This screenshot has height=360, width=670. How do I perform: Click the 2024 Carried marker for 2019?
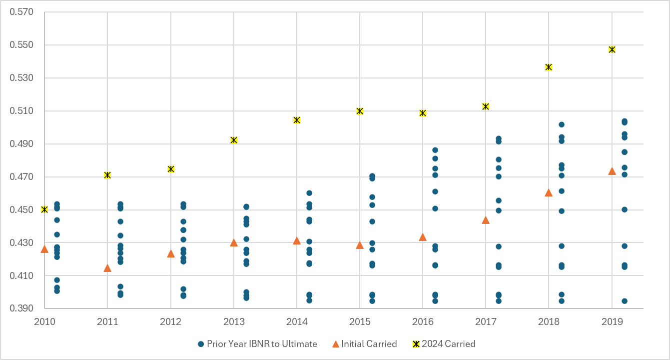point(612,49)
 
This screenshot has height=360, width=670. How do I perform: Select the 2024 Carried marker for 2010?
point(44,209)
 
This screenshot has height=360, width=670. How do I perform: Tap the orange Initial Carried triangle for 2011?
point(107,268)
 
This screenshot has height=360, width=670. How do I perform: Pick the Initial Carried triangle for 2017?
point(485,220)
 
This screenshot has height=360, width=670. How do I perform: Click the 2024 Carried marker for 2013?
point(233,140)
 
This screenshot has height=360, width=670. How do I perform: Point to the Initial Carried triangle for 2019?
point(612,171)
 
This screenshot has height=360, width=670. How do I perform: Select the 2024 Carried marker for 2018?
point(549,67)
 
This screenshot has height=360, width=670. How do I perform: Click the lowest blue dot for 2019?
point(624,301)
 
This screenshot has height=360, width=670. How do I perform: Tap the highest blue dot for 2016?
point(435,150)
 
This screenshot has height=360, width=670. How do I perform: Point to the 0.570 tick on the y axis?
point(21,12)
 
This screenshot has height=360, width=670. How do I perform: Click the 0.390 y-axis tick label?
point(21,309)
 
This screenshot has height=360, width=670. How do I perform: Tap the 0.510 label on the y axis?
point(21,111)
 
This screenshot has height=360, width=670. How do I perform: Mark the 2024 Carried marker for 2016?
point(423,113)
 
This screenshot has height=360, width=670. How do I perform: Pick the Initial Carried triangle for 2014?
point(297,240)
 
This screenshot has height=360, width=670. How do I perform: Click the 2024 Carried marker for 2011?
point(107,175)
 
